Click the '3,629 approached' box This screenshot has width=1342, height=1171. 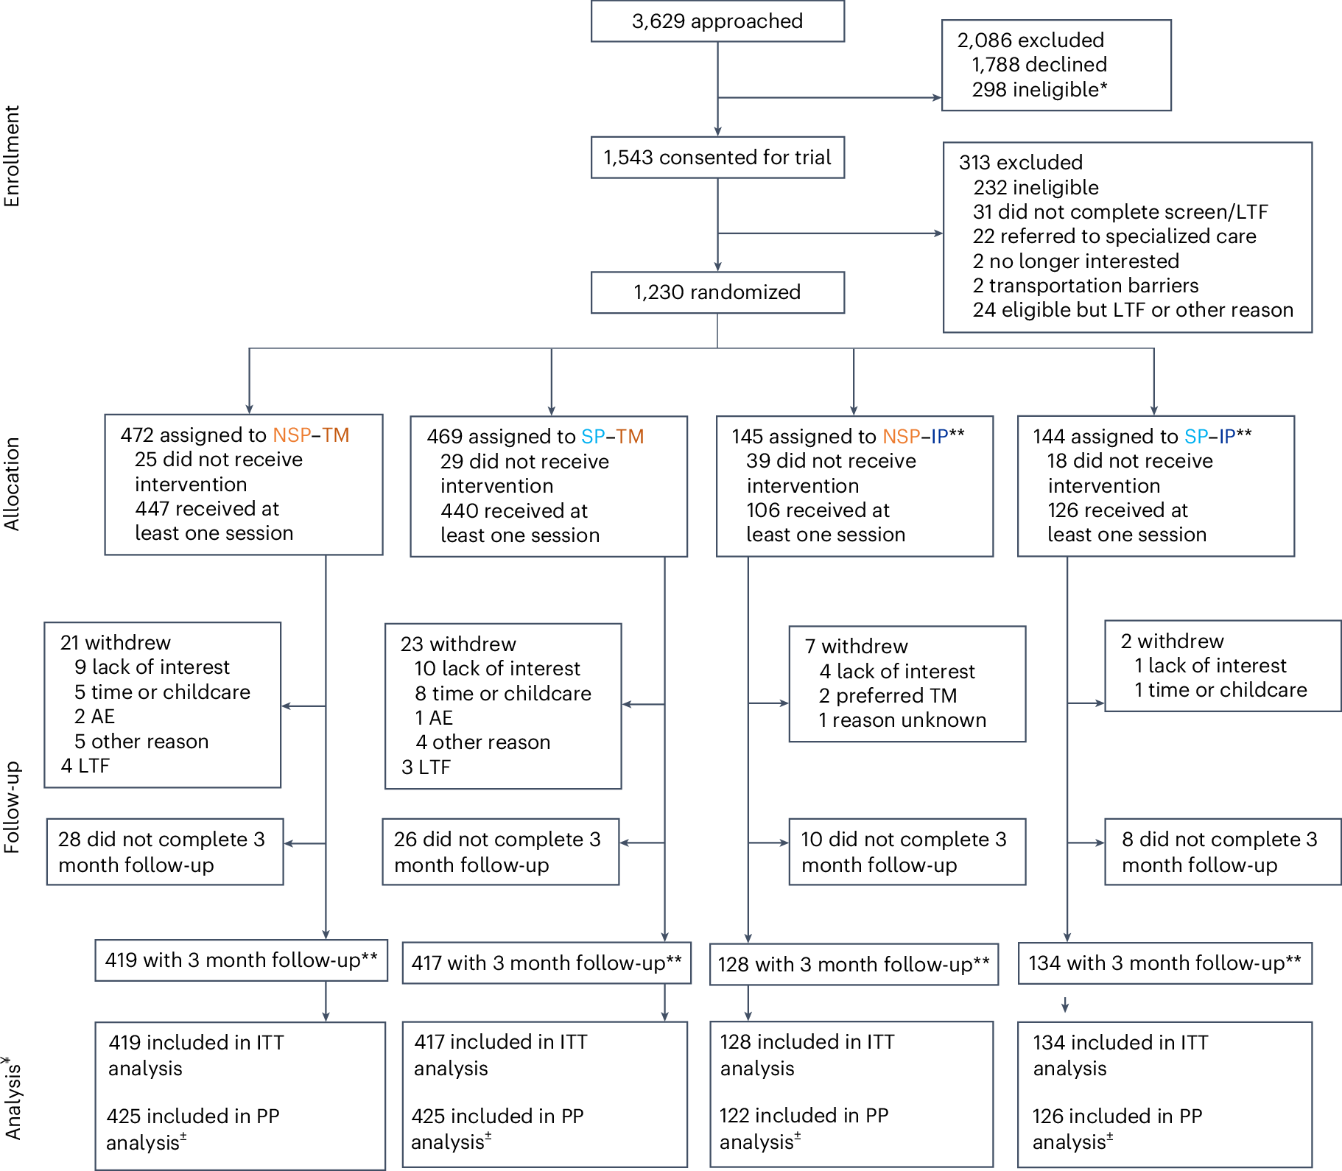tap(717, 21)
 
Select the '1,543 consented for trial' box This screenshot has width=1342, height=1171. tap(717, 158)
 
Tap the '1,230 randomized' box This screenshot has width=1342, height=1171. tap(717, 292)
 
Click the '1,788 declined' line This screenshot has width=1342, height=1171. tap(1039, 65)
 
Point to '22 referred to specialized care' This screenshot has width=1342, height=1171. tap(1114, 236)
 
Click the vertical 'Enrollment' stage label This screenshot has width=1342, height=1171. tap(12, 156)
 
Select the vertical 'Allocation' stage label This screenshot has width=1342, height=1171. tap(12, 484)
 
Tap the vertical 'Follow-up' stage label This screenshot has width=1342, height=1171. tap(12, 807)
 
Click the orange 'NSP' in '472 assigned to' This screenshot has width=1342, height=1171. tap(292, 435)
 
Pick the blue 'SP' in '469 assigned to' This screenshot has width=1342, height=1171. tap(593, 437)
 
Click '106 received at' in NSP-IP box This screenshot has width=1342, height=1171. tap(818, 510)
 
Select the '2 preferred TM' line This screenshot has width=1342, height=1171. tap(887, 696)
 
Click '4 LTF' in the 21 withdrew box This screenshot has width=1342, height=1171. tap(85, 766)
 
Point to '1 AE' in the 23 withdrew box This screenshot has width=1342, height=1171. tap(433, 718)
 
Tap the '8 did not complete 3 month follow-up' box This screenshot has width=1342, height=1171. tap(1222, 852)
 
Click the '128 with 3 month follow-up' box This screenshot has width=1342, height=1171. tap(853, 965)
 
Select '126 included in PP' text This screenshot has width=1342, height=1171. tap(1117, 1117)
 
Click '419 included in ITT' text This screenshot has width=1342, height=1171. tap(196, 1043)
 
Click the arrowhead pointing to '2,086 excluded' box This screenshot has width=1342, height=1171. tap(937, 97)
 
